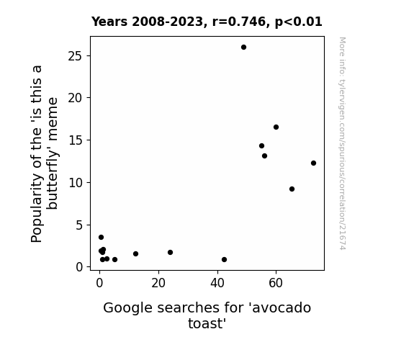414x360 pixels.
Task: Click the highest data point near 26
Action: pos(243,48)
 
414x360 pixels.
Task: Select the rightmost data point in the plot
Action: pos(313,163)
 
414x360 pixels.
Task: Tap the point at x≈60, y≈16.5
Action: pos(276,127)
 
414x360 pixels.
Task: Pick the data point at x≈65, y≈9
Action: pos(292,189)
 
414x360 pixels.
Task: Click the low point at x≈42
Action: pos(224,259)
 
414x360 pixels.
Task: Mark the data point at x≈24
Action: pos(171,252)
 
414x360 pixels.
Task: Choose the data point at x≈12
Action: pos(135,253)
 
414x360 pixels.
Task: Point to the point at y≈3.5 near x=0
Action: pos(101,237)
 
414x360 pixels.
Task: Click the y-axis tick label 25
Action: pos(75,56)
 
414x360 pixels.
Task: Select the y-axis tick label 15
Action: pos(76,140)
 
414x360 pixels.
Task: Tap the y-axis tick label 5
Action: pos(79,225)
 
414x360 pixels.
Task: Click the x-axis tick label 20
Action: pos(158,284)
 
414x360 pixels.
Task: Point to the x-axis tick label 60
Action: pos(276,284)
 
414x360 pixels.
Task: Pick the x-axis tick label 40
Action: pos(217,284)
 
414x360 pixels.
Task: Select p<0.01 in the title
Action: pos(299,22)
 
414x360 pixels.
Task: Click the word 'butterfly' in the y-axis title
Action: pos(53,153)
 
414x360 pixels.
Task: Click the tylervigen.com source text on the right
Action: pos(342,143)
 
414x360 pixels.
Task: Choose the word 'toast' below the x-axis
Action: pos(207,323)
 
